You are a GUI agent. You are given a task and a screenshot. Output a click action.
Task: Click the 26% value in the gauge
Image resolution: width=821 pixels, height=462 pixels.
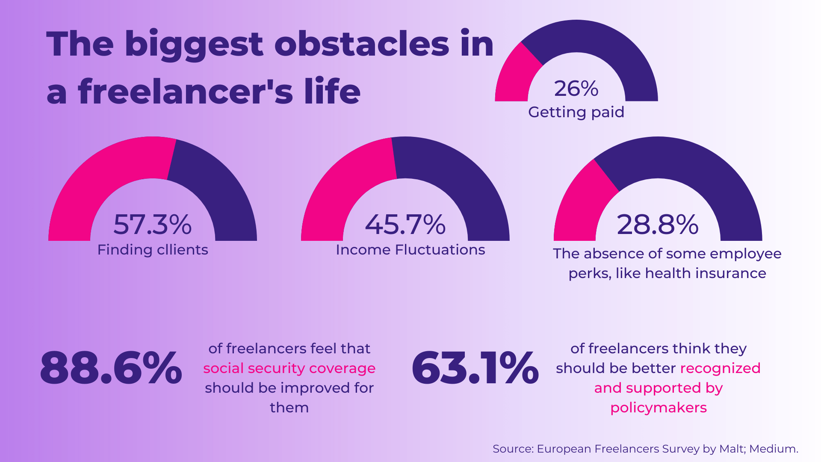pos(576,89)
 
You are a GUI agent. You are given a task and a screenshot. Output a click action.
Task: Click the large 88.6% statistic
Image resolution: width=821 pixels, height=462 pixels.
pos(111,368)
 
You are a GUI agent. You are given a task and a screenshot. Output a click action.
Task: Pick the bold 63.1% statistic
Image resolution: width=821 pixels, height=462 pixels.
pos(475,368)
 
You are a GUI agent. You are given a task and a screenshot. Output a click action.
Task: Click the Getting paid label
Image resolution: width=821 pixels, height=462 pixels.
pos(576,112)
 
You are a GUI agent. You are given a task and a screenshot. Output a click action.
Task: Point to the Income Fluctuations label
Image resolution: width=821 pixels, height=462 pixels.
pos(410,250)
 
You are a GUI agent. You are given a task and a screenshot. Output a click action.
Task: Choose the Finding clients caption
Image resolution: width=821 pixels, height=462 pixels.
pos(153,250)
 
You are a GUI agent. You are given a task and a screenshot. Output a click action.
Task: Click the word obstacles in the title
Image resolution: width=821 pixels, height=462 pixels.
pos(361,44)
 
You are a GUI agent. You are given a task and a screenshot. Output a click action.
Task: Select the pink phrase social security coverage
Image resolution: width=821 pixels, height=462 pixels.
pos(289,368)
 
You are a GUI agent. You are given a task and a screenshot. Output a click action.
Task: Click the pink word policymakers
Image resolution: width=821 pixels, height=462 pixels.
pos(658,408)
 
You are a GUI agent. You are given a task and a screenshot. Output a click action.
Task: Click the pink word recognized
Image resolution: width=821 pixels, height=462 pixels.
pos(720,368)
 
